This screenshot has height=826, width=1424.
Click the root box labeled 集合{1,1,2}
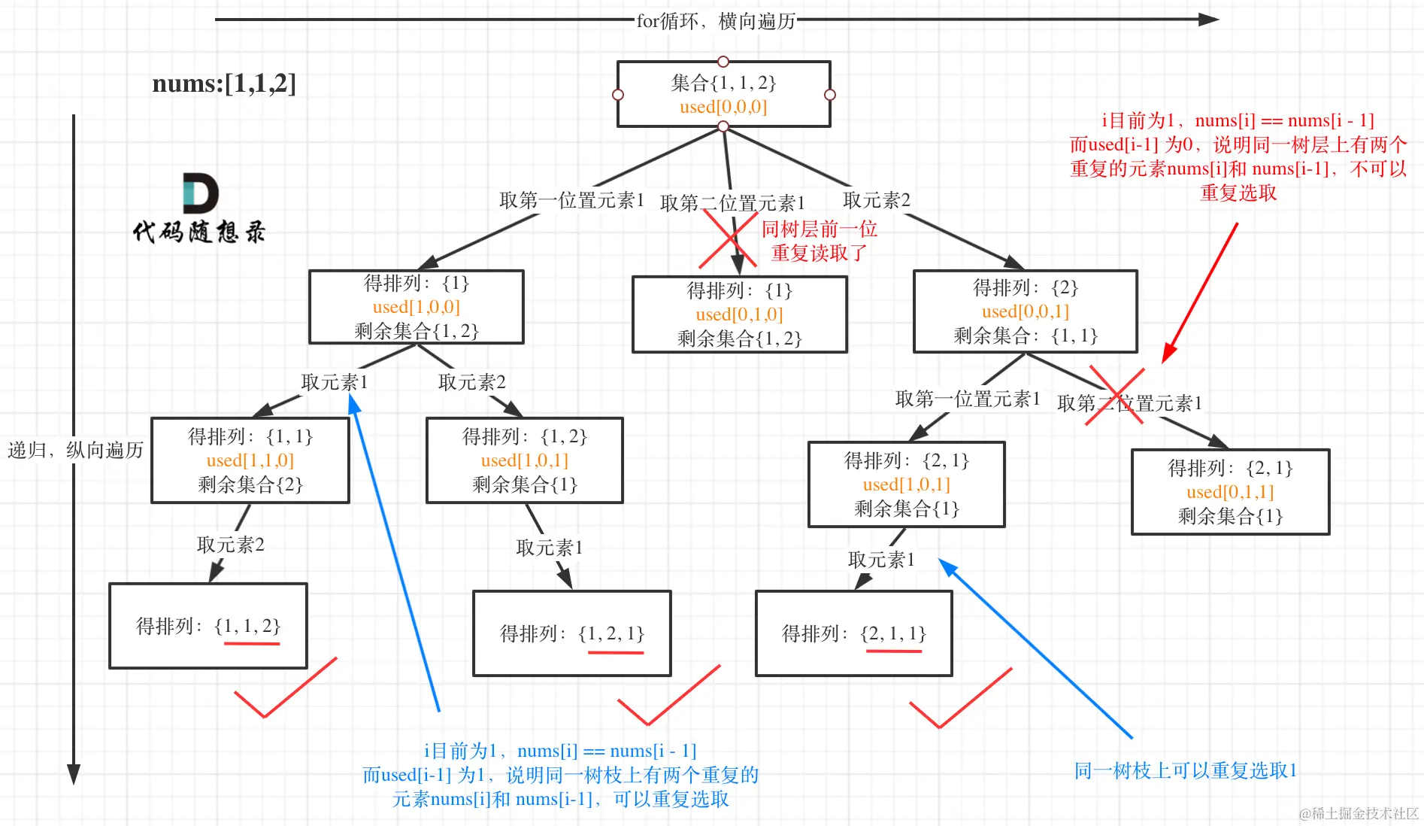[x=723, y=94]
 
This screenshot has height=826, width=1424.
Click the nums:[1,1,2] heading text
[x=224, y=84]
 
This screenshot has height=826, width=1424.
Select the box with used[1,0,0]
[x=416, y=307]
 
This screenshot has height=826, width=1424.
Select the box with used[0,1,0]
[x=739, y=314]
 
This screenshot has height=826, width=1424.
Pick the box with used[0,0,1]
[x=1025, y=311]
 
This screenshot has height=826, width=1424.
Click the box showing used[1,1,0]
[x=250, y=460]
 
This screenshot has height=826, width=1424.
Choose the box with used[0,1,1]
[x=1230, y=492]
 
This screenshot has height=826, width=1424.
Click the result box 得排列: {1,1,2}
[x=208, y=626]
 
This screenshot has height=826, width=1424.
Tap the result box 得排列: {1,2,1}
[x=571, y=633]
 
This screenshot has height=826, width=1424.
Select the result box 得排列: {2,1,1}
[x=853, y=633]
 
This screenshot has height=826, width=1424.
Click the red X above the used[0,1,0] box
[x=727, y=239]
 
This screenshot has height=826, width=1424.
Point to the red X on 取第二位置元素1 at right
[x=1116, y=396]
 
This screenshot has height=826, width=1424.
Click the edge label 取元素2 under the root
[x=876, y=200]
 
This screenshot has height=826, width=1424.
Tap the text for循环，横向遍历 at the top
[x=715, y=21]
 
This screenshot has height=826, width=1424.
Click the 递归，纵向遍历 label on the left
[x=75, y=451]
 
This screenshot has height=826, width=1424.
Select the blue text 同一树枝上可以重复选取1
[x=1185, y=771]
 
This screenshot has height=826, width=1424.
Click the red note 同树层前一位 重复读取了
[x=819, y=241]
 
